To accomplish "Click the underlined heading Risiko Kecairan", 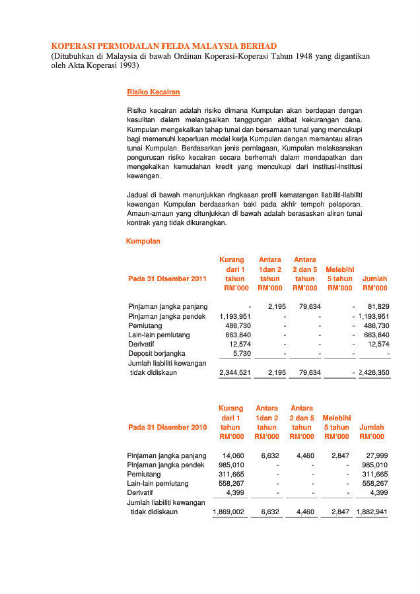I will point(153,92).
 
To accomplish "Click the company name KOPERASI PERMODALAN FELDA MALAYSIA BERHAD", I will point(164,46).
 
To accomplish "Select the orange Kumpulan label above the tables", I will point(143,242).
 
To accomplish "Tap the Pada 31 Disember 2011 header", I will point(167,279).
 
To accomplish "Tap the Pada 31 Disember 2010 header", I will point(167,428).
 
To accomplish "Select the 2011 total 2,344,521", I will point(234,373).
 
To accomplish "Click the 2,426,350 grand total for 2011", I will point(374,373).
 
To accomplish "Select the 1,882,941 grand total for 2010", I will point(372,511).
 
